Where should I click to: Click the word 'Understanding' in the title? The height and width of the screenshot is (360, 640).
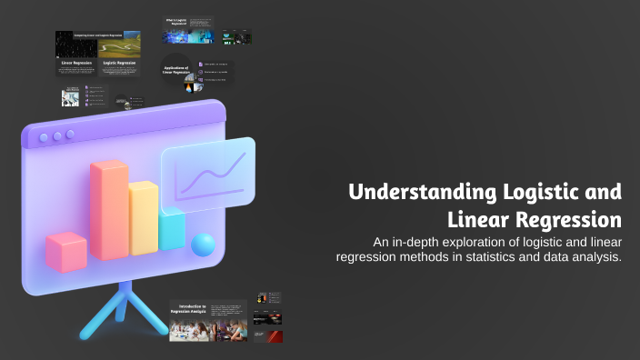pyautogui.click(x=421, y=193)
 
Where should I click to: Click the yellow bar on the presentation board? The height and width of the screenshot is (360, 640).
pyautogui.click(x=144, y=219)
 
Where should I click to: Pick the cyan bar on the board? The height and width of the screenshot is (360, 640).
pyautogui.click(x=172, y=231)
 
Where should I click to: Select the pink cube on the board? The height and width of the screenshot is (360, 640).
pyautogui.click(x=65, y=252)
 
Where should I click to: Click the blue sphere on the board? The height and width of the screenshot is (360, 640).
pyautogui.click(x=204, y=245)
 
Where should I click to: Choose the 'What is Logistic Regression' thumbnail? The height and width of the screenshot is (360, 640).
pyautogui.click(x=187, y=30)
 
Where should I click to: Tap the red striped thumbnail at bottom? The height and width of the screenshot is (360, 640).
pyautogui.click(x=268, y=336)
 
